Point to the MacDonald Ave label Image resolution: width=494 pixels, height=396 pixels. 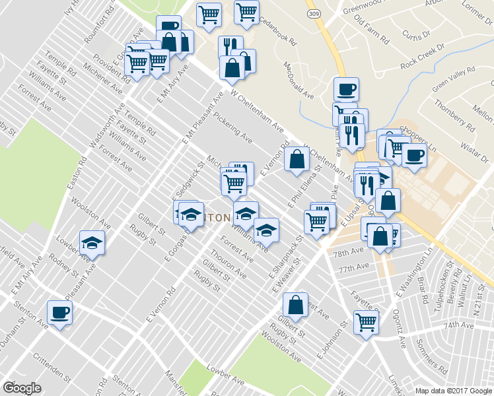coord(299,81)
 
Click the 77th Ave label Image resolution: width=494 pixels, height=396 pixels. coord(352,268)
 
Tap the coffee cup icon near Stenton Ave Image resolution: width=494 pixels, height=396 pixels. coord(59,312)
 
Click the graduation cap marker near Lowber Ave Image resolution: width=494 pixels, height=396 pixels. coord(92,242)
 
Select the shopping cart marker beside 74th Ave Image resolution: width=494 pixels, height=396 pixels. coord(366,323)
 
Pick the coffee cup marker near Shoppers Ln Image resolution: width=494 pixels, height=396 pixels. coord(414,155)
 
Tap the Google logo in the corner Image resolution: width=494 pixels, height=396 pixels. coord(22,387)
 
